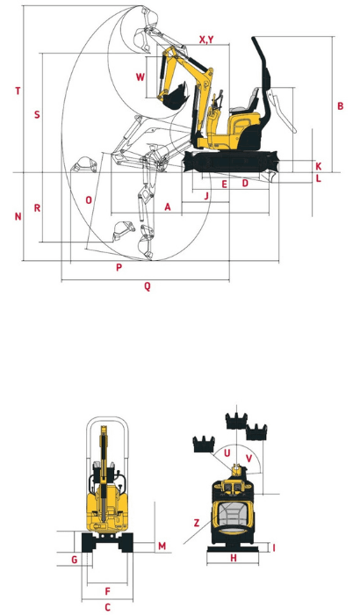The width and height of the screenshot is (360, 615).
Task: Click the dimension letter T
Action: tap(18, 90)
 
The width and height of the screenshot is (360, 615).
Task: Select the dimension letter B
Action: tap(340, 106)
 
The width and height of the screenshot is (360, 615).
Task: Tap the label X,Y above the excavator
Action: tap(207, 40)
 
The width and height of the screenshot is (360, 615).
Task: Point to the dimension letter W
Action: tap(140, 76)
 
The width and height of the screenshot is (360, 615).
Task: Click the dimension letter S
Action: tap(36, 115)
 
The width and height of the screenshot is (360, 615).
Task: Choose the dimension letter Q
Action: tap(147, 286)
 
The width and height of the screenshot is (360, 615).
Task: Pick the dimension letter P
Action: tap(119, 267)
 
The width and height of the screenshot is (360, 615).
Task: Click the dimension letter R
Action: tap(36, 208)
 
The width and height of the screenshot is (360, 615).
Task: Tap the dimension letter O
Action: tap(89, 199)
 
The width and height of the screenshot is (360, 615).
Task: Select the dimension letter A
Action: tap(167, 206)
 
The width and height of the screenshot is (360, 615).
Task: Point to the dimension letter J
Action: tap(205, 195)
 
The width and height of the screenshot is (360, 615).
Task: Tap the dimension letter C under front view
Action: tap(107, 606)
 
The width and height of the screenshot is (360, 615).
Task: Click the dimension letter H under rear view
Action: tap(234, 558)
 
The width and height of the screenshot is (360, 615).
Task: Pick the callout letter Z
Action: tap(197, 523)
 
